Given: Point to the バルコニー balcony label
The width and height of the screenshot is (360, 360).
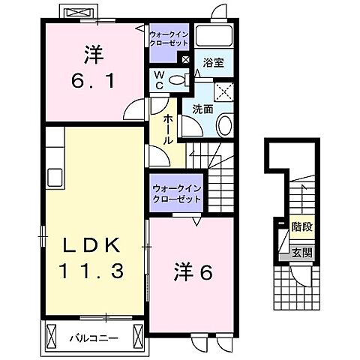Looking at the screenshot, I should [x=94, y=317].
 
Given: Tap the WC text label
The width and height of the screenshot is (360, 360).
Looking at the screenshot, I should [x=160, y=80].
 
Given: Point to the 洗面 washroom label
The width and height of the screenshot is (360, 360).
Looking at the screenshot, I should [x=202, y=109].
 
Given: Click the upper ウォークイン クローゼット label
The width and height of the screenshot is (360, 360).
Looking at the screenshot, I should [x=169, y=39].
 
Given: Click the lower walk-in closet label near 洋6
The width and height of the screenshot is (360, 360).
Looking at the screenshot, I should [x=176, y=194].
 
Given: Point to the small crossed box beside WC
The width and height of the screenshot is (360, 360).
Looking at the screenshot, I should [x=185, y=60].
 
